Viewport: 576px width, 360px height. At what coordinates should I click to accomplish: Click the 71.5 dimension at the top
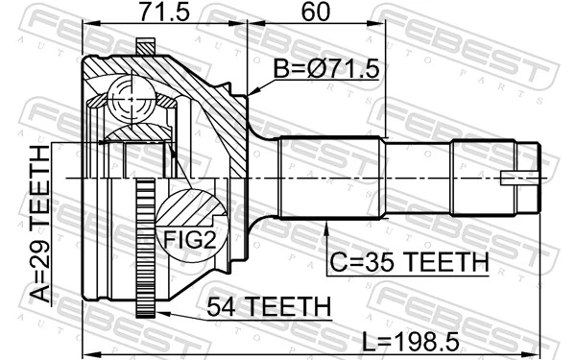163,14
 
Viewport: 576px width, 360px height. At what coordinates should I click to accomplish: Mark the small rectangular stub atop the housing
145,45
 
